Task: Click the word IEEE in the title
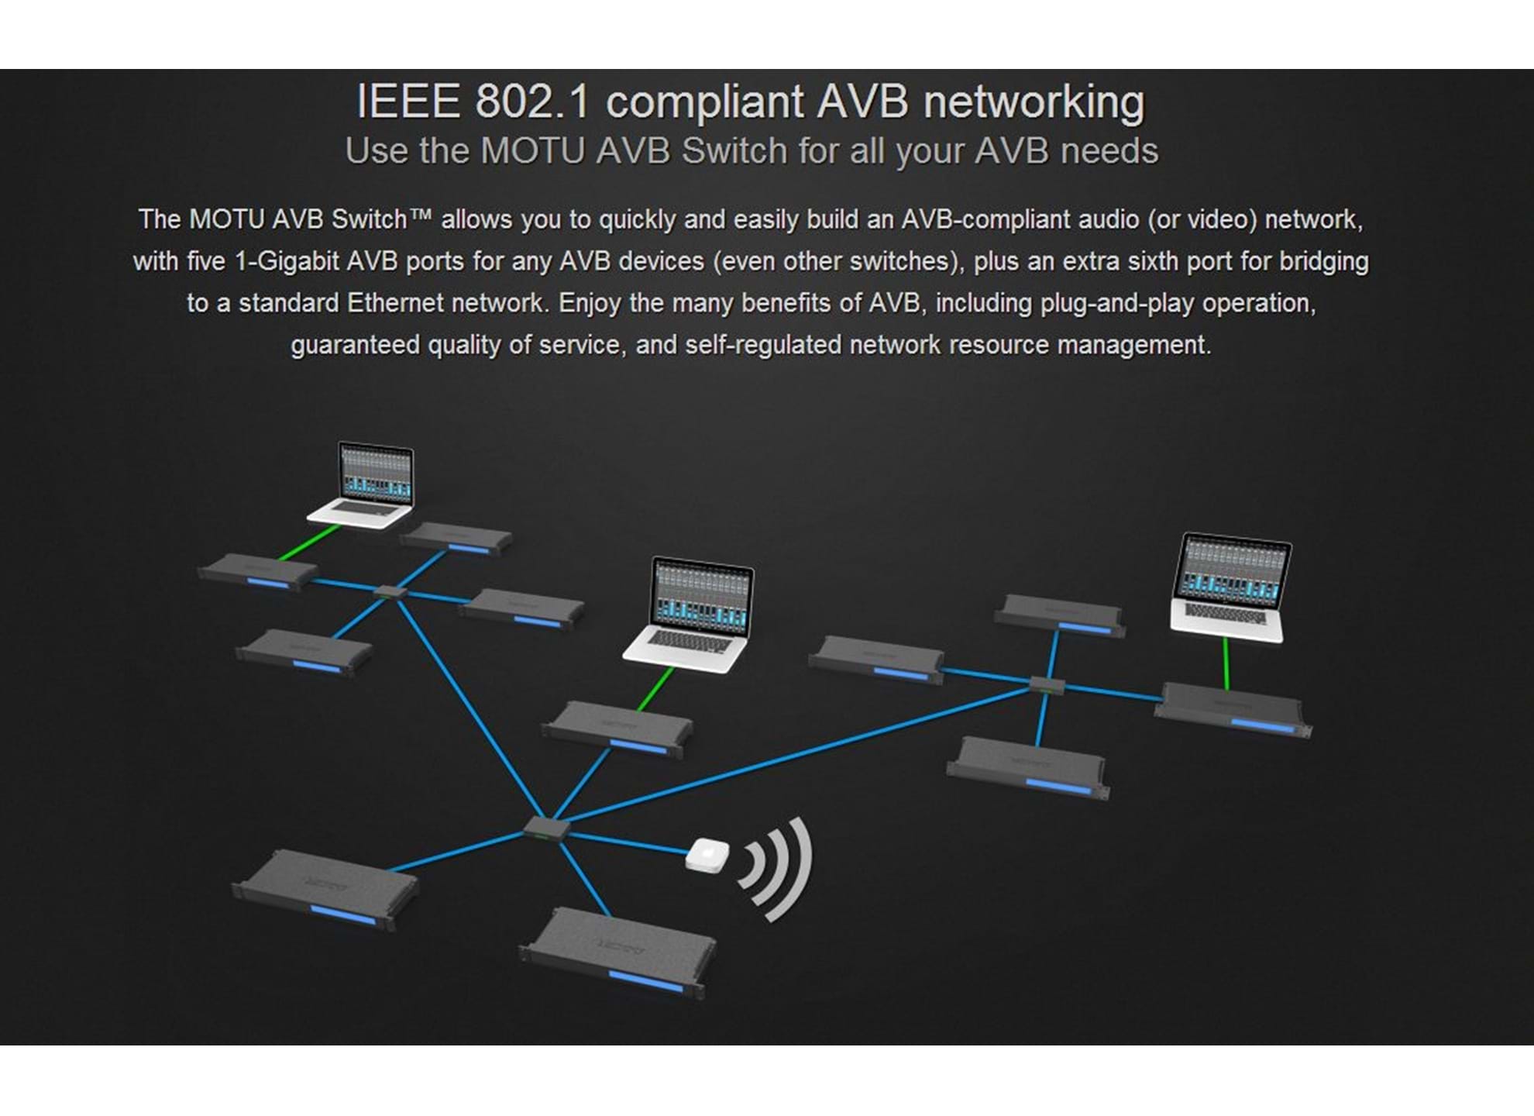408,102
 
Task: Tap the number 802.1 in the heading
532,102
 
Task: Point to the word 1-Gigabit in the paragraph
286,261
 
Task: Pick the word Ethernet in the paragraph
395,303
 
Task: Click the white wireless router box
707,855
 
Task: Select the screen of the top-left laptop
376,473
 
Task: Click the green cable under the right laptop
1226,663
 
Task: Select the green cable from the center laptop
655,689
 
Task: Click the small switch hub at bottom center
546,828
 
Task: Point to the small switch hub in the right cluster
1047,684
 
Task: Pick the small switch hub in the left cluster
390,593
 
